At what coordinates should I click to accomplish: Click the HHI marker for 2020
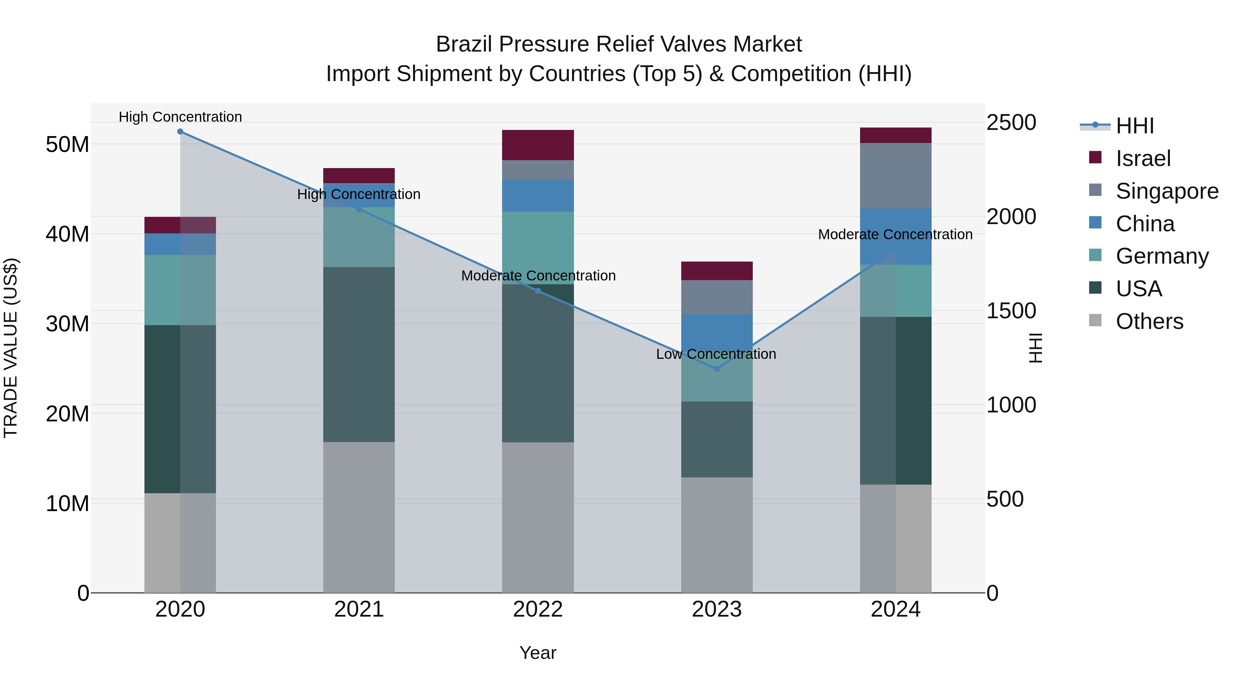coord(180,132)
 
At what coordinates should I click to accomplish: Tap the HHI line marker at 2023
coord(717,369)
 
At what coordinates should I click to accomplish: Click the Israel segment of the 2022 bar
coord(538,145)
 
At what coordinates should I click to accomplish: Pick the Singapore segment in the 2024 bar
coord(895,176)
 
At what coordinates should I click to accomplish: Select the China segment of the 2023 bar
coord(717,331)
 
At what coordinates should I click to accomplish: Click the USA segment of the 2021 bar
coord(359,354)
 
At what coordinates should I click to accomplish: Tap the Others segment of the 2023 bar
coord(717,534)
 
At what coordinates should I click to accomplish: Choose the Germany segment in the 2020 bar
coord(180,290)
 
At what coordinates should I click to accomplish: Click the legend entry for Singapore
coord(1167,191)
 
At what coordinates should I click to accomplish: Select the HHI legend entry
coord(1134,126)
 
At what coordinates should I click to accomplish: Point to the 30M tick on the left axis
coord(68,324)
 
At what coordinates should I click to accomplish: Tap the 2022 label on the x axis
coord(538,609)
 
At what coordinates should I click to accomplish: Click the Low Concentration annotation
coord(716,354)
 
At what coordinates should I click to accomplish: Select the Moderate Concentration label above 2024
coord(895,234)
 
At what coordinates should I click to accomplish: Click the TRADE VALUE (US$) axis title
coord(11,348)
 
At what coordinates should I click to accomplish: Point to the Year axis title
coord(538,653)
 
